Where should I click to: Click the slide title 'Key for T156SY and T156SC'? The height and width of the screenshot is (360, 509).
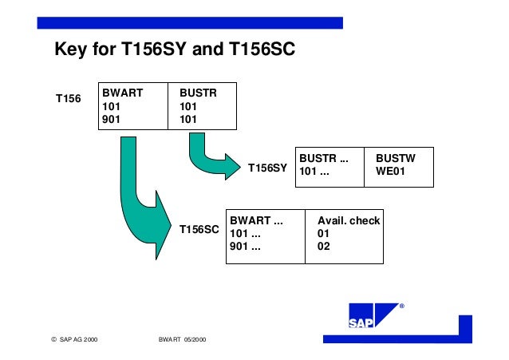pos(174,50)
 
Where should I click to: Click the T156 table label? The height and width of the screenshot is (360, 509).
pos(68,99)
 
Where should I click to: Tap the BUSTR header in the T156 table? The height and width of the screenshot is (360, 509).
pos(198,93)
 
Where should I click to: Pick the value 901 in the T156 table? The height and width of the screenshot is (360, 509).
pos(111,120)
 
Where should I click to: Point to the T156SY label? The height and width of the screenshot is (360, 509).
pos(267,168)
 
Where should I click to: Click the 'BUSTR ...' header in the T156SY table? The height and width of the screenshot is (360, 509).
pos(324,159)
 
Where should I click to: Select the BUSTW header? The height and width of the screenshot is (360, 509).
pos(395,159)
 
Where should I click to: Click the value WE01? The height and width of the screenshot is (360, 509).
pos(392,172)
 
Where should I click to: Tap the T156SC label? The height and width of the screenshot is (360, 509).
pos(199,230)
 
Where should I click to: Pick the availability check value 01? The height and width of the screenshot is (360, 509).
pos(323,233)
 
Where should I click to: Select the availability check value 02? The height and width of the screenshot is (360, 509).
pos(323,246)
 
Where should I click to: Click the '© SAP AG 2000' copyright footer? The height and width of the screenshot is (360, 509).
pos(79,340)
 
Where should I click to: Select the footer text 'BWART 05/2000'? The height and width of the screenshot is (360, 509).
pos(183,340)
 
